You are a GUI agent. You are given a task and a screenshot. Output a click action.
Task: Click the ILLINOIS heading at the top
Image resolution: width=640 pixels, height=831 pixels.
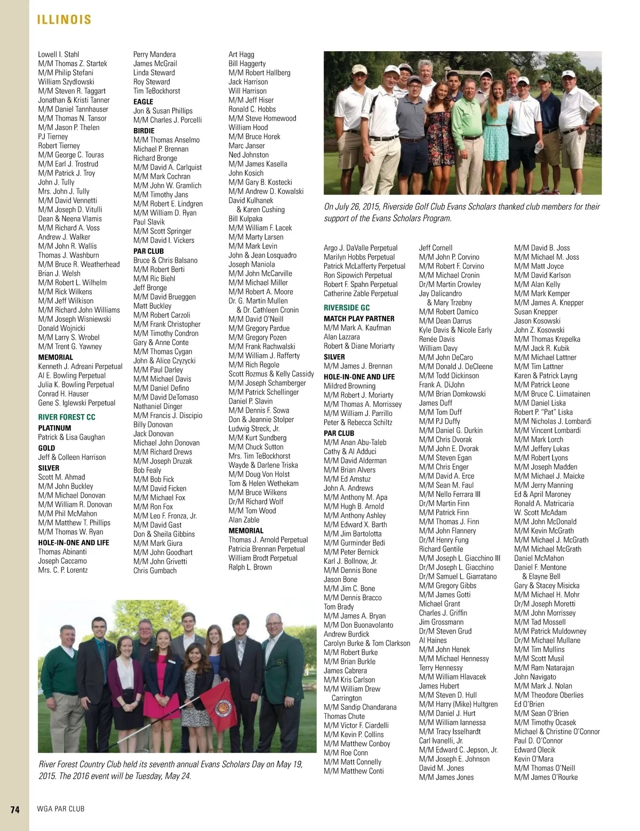(x=64, y=20)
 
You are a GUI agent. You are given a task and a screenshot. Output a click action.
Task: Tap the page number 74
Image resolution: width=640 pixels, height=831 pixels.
(x=15, y=809)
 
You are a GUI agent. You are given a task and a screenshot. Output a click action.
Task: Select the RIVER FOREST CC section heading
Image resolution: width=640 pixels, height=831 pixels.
(x=67, y=417)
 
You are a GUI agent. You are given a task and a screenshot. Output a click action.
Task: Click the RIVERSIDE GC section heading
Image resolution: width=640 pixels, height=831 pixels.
(x=347, y=308)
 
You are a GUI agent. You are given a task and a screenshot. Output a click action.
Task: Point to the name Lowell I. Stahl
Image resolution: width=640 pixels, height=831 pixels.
(x=59, y=54)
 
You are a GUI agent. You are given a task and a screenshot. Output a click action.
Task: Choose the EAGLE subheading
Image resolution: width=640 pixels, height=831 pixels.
(x=143, y=101)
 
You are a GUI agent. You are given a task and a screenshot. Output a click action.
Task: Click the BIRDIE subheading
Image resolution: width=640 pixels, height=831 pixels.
(x=144, y=131)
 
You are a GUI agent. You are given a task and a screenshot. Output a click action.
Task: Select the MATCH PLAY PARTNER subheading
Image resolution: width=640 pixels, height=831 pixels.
(x=359, y=318)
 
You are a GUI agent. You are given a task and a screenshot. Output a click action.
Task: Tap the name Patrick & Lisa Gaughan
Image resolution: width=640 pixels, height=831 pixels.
(x=71, y=437)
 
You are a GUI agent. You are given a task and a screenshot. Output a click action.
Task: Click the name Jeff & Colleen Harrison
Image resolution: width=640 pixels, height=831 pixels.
(x=72, y=457)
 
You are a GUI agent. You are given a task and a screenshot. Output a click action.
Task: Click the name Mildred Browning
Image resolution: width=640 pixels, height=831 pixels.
(x=349, y=386)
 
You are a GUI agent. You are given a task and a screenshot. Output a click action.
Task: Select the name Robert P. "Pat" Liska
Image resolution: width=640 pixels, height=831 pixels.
(x=543, y=412)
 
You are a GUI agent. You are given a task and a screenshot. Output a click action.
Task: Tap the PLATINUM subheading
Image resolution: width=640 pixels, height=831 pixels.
(x=55, y=428)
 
